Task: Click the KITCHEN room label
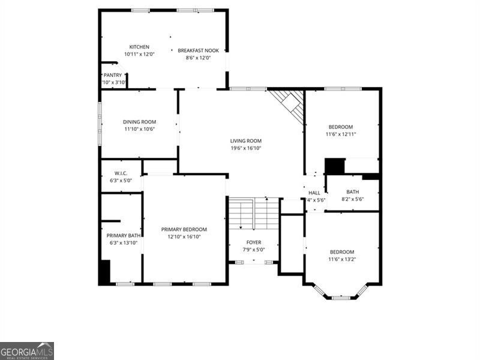(139, 47)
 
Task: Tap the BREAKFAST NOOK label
(198, 50)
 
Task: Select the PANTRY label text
(113, 75)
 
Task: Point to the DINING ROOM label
(139, 122)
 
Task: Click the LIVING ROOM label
(246, 141)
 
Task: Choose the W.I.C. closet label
(121, 174)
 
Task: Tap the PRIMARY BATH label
(123, 236)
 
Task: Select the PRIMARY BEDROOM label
(184, 229)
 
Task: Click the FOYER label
(254, 242)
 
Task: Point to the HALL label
(314, 193)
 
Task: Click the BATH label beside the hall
(352, 192)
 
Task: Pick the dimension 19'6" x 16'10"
(246, 148)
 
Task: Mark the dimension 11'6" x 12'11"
(341, 134)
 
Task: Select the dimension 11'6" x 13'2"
(341, 259)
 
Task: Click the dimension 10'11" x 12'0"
(139, 54)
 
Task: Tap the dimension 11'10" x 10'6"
(139, 129)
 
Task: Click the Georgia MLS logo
(27, 350)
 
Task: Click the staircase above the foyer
(253, 214)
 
